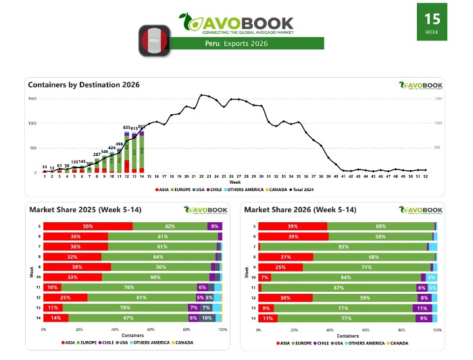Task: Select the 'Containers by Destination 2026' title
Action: (x=84, y=85)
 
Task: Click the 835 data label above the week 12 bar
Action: (x=126, y=127)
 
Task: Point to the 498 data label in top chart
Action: (x=119, y=144)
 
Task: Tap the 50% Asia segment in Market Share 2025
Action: (x=88, y=226)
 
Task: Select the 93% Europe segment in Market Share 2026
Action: (x=343, y=247)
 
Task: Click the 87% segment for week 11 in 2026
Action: (x=338, y=287)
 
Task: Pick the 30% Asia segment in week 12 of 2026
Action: (x=285, y=297)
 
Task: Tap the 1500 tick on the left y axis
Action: (x=32, y=99)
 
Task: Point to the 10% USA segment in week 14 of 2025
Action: (x=207, y=317)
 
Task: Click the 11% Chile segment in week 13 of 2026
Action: (x=422, y=307)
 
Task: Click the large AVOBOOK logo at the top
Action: (x=236, y=22)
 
